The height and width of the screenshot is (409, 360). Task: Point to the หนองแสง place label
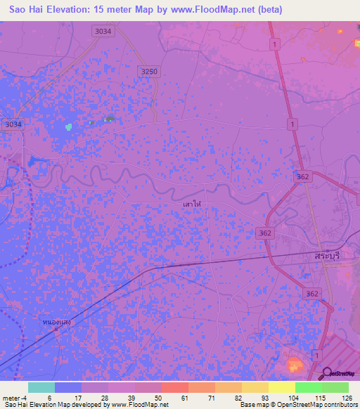58,322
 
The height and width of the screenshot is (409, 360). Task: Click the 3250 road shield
149,72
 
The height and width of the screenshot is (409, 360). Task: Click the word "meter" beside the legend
11,398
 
